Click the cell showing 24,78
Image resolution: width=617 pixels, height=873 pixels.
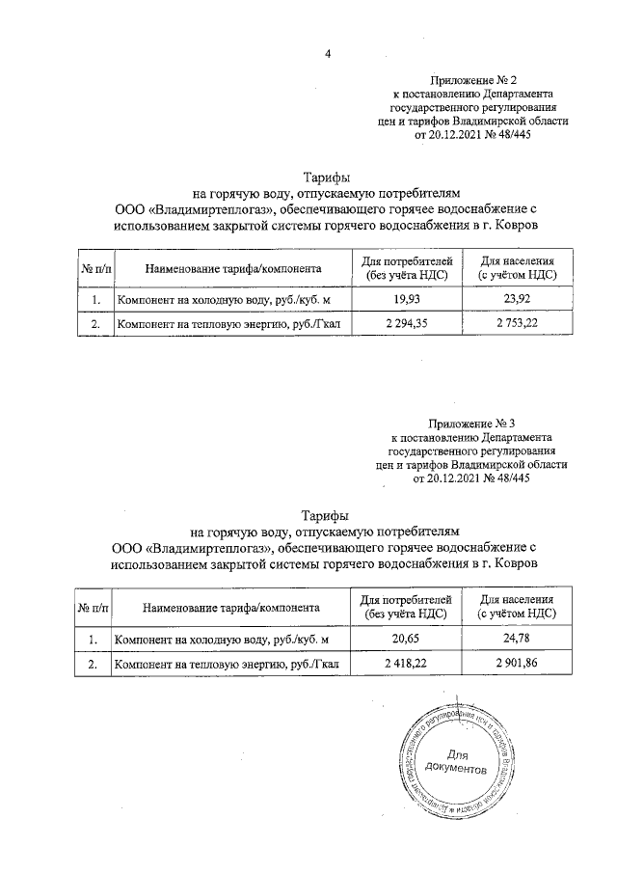click(x=517, y=640)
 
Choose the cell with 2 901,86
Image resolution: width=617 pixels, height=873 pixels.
click(x=517, y=665)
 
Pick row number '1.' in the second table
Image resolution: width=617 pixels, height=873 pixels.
click(x=93, y=640)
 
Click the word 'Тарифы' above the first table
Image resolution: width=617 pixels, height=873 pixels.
click(x=327, y=177)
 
